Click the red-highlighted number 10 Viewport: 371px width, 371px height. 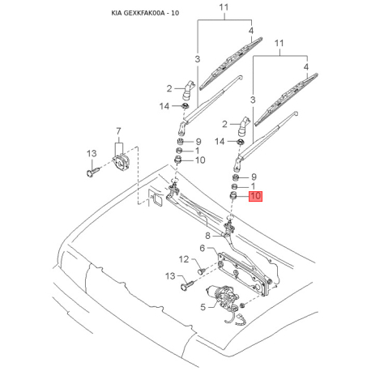tap(255, 196)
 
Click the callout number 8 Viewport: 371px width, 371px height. tap(207, 236)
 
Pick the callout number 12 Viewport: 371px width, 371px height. tap(184, 259)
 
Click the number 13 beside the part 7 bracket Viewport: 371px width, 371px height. tap(92, 152)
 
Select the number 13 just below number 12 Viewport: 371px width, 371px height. tap(171, 276)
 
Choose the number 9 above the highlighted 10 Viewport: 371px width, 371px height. tap(254, 176)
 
